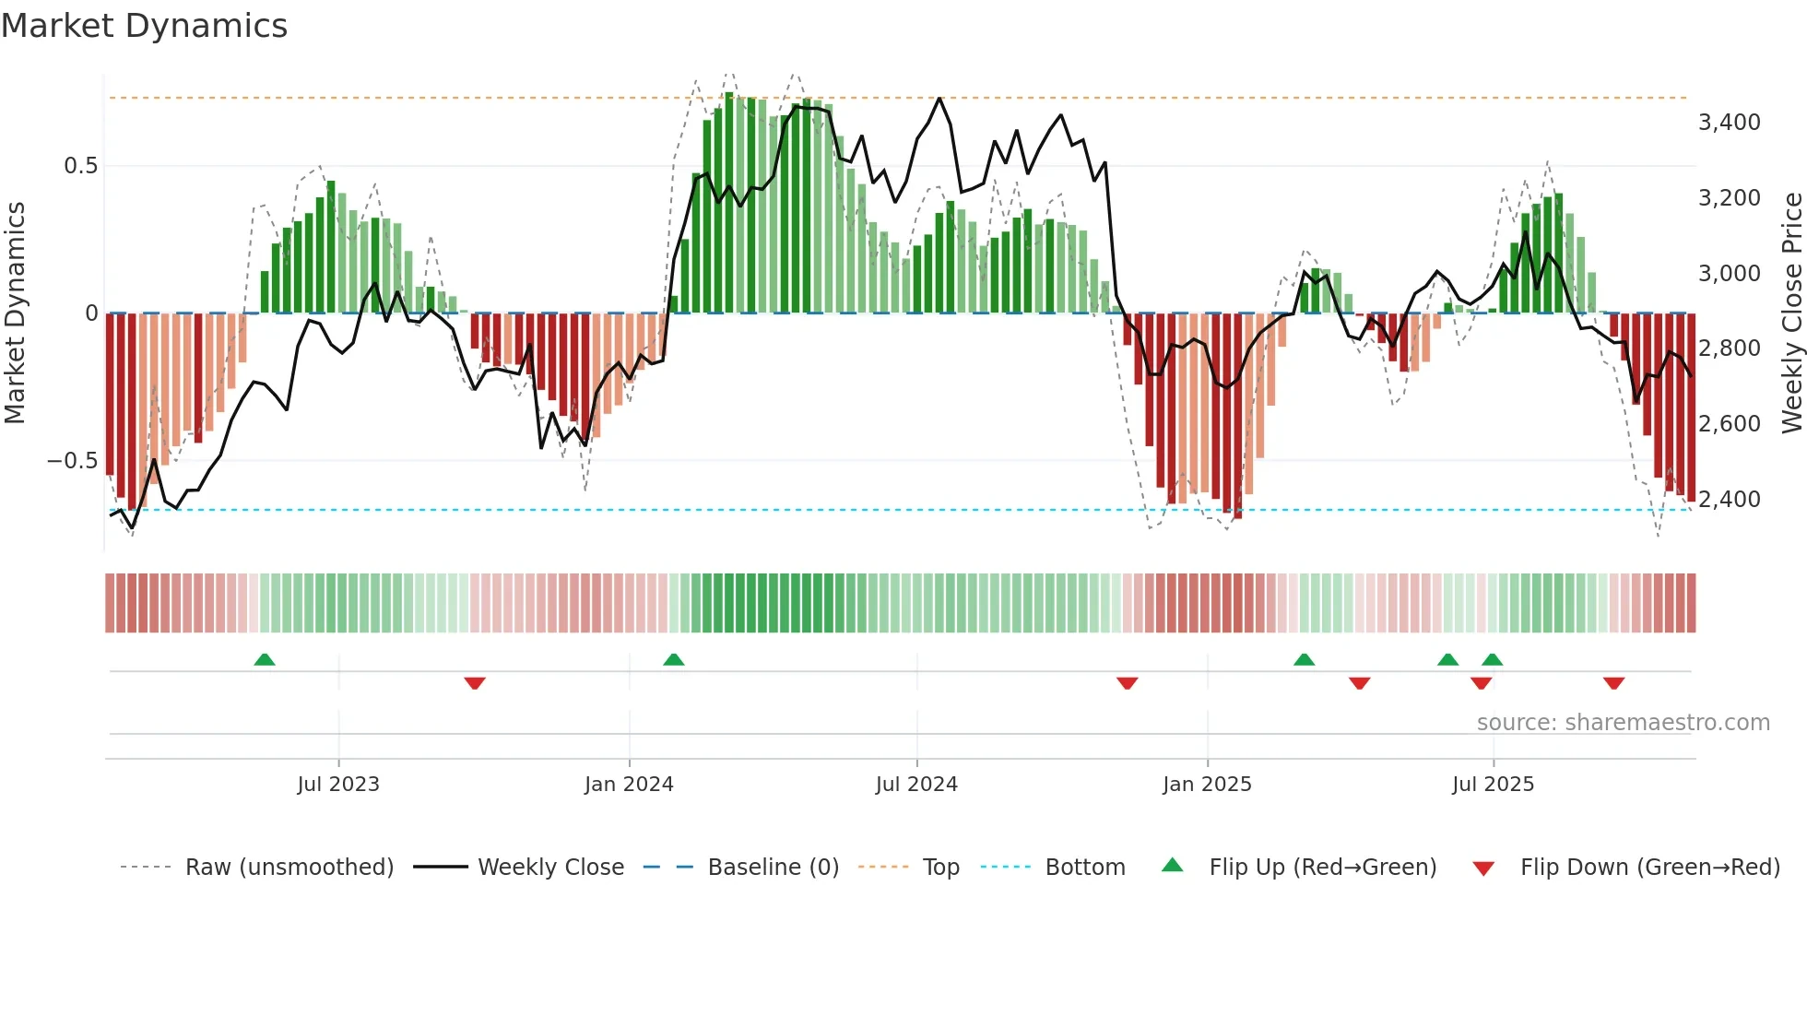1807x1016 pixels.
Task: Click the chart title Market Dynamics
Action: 144,26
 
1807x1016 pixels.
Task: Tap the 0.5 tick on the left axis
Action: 80,166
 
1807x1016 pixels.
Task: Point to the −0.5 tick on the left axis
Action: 72,461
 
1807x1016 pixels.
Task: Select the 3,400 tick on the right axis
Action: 1729,123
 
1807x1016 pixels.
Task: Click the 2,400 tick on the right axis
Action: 1729,500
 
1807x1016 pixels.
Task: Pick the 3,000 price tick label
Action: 1729,274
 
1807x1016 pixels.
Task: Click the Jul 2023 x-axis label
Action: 338,785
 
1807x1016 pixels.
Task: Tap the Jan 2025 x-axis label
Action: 1207,785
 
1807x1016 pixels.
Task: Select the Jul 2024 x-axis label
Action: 916,785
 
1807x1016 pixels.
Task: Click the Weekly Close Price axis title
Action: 1791,313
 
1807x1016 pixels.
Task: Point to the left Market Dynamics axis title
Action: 15,313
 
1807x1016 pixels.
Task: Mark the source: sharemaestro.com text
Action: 1623,723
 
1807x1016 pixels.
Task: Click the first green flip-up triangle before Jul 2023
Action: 265,659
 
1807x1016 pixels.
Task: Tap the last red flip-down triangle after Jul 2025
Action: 1613,683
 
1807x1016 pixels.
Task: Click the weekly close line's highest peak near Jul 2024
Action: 939,99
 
